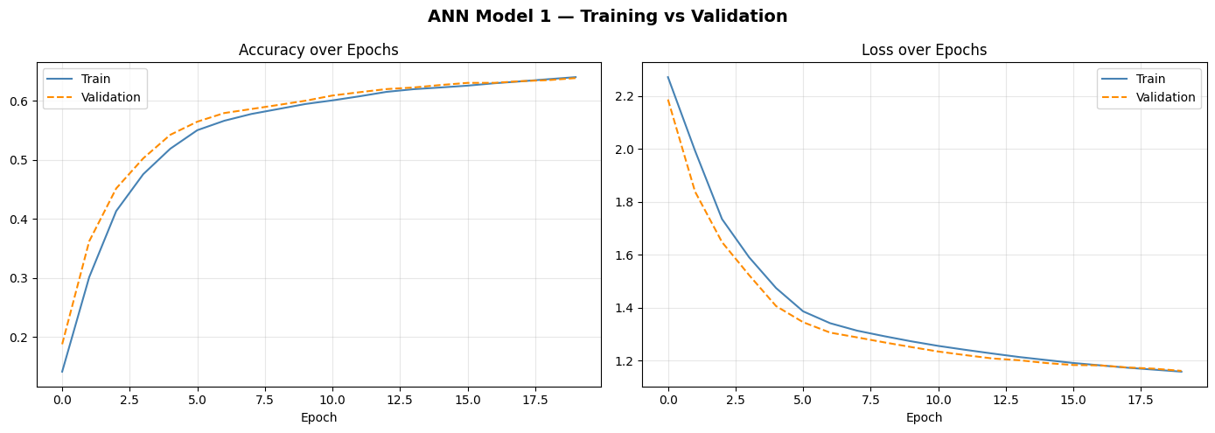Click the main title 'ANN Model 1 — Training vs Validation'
(x=607, y=17)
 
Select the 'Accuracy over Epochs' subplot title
(x=318, y=50)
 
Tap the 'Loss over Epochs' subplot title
(x=924, y=50)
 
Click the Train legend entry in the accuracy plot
(x=95, y=80)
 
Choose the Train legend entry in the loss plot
(x=1150, y=80)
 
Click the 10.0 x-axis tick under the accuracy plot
(x=332, y=400)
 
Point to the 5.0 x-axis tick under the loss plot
(x=803, y=400)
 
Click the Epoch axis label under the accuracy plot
(x=318, y=418)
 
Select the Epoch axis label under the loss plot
(x=924, y=418)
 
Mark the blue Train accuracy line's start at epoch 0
(x=62, y=372)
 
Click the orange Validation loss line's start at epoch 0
(x=668, y=100)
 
